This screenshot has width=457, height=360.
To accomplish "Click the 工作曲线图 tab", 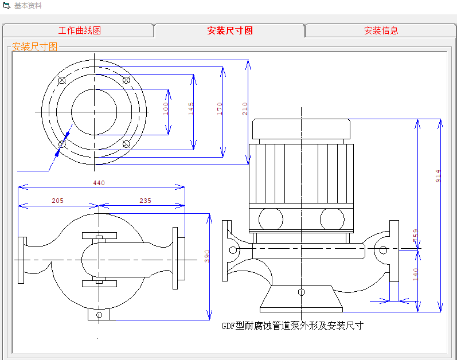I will click(x=79, y=31).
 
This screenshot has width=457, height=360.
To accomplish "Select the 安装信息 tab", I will click(x=381, y=31).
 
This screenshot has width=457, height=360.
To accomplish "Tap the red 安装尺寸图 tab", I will click(x=229, y=31).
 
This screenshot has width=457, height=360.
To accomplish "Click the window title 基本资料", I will click(x=28, y=6).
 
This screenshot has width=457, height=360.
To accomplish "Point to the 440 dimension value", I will click(x=99, y=183).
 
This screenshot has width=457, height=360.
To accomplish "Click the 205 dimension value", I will click(x=57, y=201).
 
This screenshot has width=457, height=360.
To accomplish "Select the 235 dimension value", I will click(x=145, y=201).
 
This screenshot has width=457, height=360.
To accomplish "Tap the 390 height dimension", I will click(x=207, y=256).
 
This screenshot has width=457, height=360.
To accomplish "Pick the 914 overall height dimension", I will click(x=439, y=175).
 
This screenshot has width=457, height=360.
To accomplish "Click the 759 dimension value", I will click(x=416, y=235).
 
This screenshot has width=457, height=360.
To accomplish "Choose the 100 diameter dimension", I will click(x=166, y=109).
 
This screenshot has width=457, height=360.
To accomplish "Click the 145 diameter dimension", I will click(x=192, y=109).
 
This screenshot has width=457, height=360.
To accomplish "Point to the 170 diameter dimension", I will click(x=220, y=109).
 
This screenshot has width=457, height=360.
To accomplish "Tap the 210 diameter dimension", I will click(x=245, y=109).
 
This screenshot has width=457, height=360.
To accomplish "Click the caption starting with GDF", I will click(x=292, y=326).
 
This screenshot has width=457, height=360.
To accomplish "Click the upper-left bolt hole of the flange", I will click(x=62, y=80).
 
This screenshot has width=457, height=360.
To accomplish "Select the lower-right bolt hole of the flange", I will click(x=126, y=144).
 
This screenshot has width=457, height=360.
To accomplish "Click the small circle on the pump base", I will click(x=302, y=292).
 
